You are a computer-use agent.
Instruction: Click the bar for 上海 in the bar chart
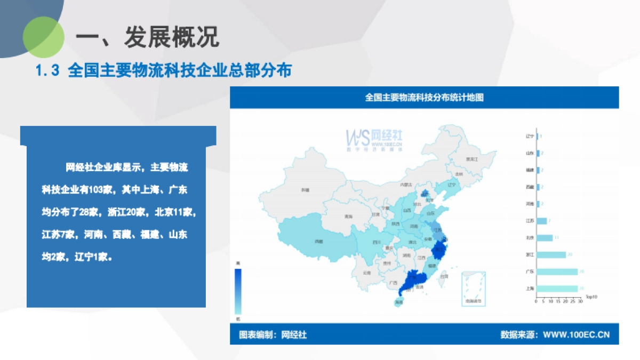point(557,289)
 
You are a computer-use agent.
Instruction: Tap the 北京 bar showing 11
point(545,238)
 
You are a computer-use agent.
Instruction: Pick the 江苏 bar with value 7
point(542,221)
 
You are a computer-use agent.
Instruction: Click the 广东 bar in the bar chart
point(557,271)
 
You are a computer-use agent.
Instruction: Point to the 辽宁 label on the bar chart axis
point(530,136)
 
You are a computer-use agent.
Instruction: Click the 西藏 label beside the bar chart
point(530,187)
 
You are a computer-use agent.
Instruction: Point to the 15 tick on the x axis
point(558,301)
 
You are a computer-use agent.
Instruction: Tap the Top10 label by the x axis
point(591,297)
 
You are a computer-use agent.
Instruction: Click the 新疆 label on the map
point(305,190)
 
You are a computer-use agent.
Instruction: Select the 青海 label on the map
point(348,217)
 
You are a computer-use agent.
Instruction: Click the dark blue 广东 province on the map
point(412,279)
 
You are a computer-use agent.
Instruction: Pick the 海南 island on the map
point(398,302)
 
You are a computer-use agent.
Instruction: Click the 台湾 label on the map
point(445,276)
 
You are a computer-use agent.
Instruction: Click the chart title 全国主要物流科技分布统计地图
point(424,98)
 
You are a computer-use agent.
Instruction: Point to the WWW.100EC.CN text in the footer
point(576,335)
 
